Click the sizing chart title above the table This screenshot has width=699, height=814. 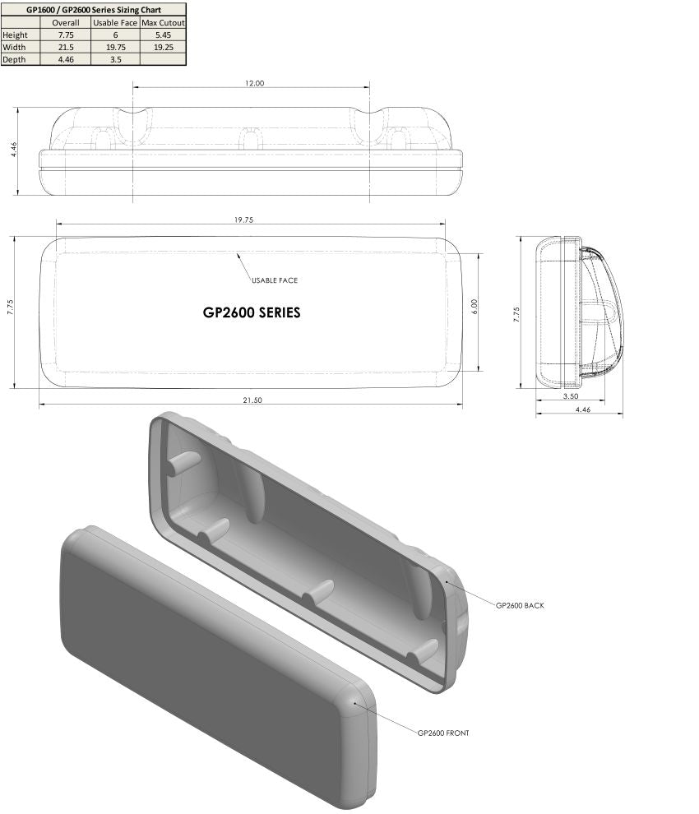coord(93,9)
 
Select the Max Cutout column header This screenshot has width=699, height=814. coord(162,22)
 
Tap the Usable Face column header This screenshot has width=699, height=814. coord(114,22)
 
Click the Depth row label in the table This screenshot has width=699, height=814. coord(15,59)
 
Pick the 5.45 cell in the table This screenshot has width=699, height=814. coord(162,35)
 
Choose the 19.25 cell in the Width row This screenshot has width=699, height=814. coord(162,47)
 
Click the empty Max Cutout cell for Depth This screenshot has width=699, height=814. coord(162,59)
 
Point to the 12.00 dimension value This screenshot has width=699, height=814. coord(254,83)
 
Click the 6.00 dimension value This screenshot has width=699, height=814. coord(474,303)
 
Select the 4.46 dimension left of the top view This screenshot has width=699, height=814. coord(13,150)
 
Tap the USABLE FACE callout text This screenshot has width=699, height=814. coord(275,280)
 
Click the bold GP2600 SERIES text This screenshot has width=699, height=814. coord(251,312)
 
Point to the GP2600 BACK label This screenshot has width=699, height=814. coord(520,605)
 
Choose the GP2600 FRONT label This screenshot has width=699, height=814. coord(443,733)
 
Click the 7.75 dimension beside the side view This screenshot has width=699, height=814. coord(516,314)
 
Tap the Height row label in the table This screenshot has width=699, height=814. coord(15,35)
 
